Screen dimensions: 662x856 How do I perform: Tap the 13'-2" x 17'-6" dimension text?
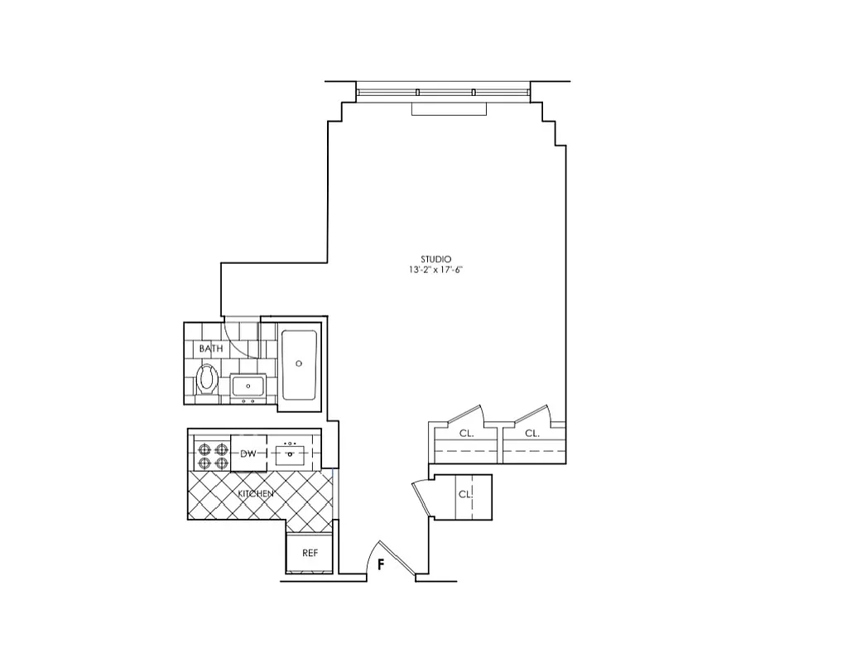pos(435,271)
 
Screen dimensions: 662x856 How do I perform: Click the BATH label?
pos(211,348)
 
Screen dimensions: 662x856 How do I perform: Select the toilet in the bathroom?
pos(208,381)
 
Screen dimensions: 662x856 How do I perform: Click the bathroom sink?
pos(248,386)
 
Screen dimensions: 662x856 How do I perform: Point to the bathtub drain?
pos(300,362)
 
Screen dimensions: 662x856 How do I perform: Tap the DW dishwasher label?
pos(248,453)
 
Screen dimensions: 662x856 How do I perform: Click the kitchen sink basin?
pos(291,453)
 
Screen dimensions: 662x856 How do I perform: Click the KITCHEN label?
pos(256,494)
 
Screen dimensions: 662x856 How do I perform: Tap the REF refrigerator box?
pos(310,553)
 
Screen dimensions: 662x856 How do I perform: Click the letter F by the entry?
pos(380,566)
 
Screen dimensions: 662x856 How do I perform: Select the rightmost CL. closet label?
pos(532,433)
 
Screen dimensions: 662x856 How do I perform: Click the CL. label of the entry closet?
pos(465,494)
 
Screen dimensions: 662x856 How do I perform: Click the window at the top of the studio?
pos(443,91)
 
